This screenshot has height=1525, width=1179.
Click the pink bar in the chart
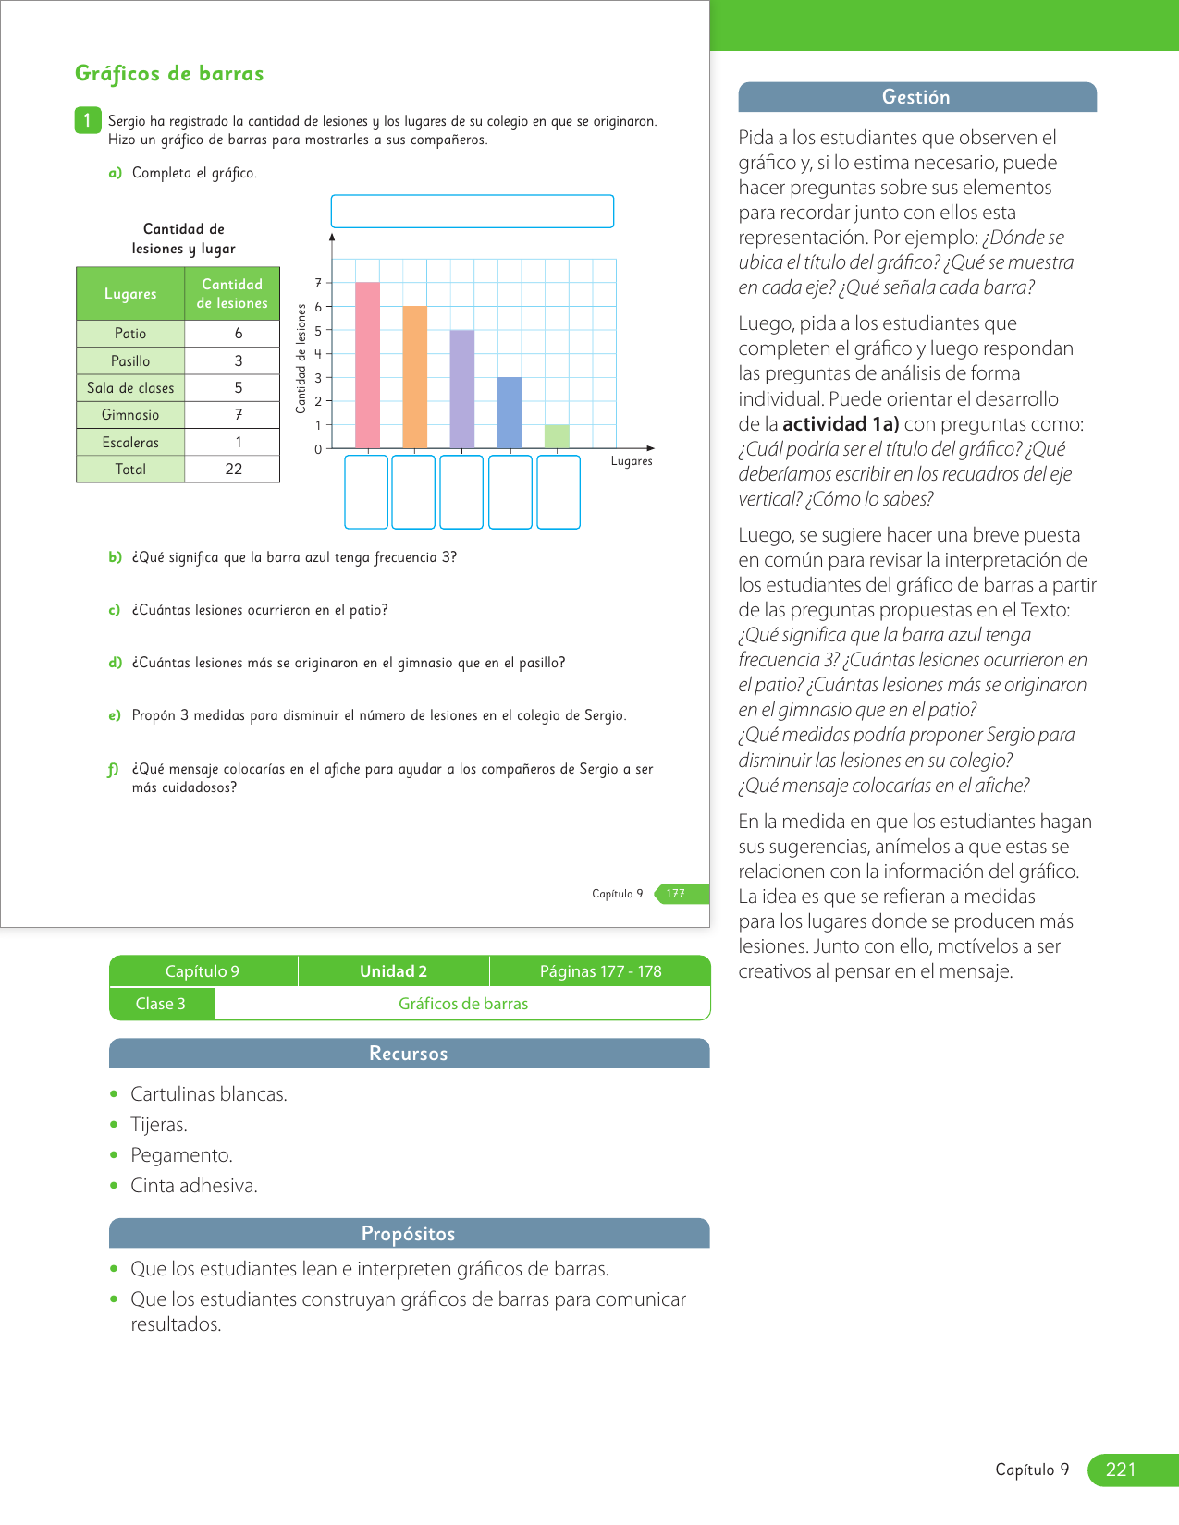pos(367,365)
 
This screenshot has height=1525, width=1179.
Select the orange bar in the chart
pos(415,377)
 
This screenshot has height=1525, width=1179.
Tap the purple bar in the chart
pos(462,389)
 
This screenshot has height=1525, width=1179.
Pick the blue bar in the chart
pos(510,413)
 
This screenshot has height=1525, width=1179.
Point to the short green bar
pos(557,436)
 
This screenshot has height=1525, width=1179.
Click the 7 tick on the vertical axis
pos(318,283)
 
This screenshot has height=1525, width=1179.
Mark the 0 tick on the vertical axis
pos(318,449)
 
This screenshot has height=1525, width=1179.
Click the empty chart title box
pos(472,211)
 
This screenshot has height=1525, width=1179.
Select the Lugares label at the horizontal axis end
pos(632,461)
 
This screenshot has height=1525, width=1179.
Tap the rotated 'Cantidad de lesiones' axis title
pos(301,359)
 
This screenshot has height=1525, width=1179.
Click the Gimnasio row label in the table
pos(130,415)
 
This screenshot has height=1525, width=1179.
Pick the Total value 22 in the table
pos(234,470)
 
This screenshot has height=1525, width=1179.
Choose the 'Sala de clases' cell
pos(130,388)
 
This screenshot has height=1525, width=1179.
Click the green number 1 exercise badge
pos(87,120)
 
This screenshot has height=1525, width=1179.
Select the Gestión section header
pos(916,97)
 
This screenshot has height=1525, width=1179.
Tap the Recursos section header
pos(409,1054)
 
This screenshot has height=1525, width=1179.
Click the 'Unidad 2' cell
pos(393,971)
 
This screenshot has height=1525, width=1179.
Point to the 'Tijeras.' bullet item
pos(159,1125)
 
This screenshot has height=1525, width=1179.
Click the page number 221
pos(1121,1470)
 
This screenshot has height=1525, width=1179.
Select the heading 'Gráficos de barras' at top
pos(169,74)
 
